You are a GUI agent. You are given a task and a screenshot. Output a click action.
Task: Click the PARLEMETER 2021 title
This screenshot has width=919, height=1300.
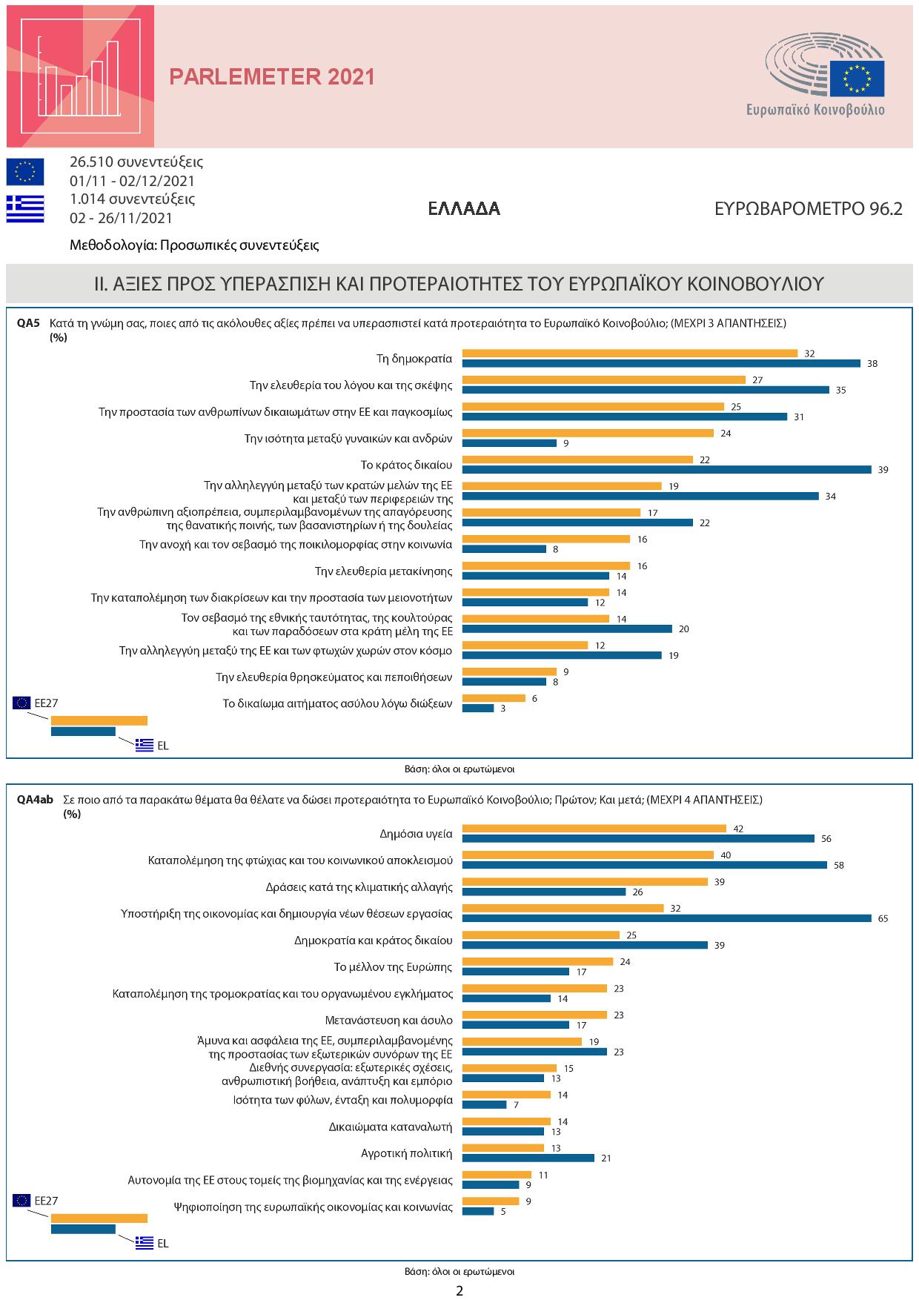(x=272, y=77)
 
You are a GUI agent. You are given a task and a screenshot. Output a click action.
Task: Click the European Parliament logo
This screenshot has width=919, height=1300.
(x=825, y=78)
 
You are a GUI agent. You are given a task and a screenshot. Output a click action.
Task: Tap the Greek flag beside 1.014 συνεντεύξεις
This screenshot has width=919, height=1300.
(x=25, y=208)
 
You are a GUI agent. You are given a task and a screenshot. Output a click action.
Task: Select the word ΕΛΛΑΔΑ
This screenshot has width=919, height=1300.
(x=464, y=209)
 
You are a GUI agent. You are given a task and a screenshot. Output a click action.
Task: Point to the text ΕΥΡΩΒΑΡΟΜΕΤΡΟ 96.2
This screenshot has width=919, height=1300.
(x=808, y=209)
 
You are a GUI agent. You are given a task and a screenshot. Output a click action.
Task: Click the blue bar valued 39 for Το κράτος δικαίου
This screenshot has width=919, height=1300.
(x=666, y=469)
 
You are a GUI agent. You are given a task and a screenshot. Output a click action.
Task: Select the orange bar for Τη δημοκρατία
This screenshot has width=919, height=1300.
(x=629, y=354)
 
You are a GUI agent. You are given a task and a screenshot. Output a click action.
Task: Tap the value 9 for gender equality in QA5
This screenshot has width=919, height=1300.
(x=566, y=443)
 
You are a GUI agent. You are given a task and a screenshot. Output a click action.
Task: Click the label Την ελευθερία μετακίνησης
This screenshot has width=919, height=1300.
(x=383, y=571)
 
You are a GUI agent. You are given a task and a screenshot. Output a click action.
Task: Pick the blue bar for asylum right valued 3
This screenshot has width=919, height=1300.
(x=478, y=709)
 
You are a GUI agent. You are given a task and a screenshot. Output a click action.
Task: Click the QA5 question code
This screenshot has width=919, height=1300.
(x=28, y=323)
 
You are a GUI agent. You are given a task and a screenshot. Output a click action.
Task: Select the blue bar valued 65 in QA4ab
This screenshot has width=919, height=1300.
(x=666, y=918)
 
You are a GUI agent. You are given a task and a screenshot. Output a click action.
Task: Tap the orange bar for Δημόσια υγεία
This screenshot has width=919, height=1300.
(x=594, y=829)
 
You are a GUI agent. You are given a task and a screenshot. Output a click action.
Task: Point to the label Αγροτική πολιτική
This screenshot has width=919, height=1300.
(x=406, y=1153)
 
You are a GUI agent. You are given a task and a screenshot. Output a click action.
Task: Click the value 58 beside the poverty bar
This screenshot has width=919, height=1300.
(x=838, y=865)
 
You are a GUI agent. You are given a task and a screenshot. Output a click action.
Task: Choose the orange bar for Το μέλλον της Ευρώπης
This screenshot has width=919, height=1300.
(x=537, y=961)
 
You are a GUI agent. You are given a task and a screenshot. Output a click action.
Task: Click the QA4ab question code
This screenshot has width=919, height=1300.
(x=35, y=800)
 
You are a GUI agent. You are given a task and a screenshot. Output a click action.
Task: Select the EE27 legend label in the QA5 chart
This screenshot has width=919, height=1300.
(x=46, y=703)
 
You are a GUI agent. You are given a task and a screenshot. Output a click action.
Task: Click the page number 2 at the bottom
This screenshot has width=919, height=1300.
(x=459, y=1290)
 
